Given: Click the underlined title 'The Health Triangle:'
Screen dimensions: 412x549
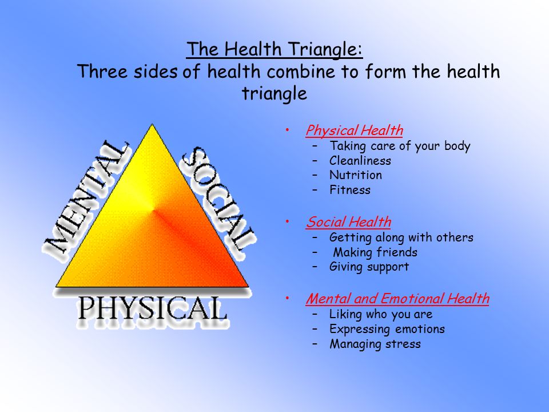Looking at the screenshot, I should [x=274, y=50].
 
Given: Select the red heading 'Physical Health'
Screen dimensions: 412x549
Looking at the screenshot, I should [x=354, y=130].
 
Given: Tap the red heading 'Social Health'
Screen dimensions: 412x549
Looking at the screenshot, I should [x=348, y=221].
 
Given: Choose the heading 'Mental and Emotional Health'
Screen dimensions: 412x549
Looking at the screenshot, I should [x=397, y=298].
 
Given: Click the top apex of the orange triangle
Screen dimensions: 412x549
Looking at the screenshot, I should [x=151, y=126].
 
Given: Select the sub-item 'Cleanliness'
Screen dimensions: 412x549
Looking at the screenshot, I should [x=360, y=161].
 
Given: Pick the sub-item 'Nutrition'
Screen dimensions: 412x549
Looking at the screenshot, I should [x=355, y=175].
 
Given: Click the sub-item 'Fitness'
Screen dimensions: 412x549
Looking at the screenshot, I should [x=349, y=190].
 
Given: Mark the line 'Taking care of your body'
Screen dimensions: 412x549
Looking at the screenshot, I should [x=400, y=146].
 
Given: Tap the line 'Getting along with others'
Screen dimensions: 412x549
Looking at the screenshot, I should [x=401, y=237].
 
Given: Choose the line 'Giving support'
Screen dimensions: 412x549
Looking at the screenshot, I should [x=369, y=267].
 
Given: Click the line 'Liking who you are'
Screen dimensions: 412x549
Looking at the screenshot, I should [x=381, y=314].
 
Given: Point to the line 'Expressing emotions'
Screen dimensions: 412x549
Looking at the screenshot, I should [x=387, y=329].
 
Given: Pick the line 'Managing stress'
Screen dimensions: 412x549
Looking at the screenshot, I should [x=375, y=344].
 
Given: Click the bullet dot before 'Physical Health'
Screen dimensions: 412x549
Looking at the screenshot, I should [x=287, y=130].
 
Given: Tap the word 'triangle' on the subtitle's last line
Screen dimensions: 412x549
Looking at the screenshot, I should [x=274, y=93].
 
